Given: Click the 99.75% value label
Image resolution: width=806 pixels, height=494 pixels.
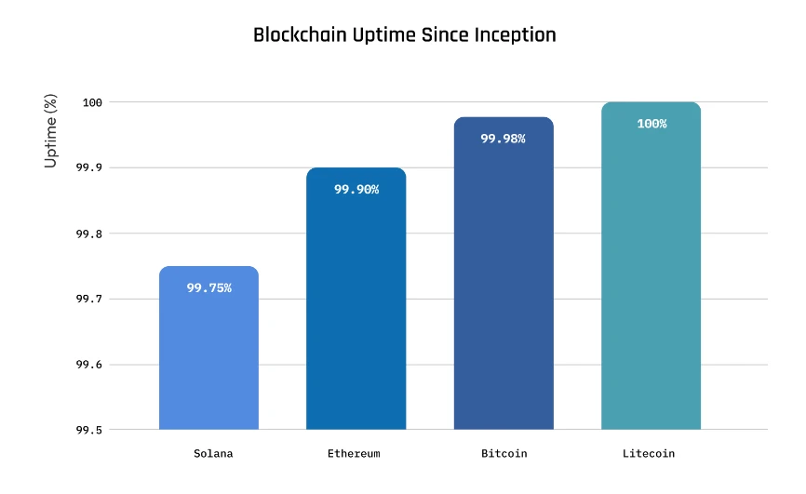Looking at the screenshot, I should click(x=208, y=288).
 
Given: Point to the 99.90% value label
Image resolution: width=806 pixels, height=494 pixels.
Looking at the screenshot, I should click(x=356, y=190).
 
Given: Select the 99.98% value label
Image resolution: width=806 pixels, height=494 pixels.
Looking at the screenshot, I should click(x=504, y=139).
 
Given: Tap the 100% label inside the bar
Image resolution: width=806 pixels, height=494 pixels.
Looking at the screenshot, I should click(x=652, y=124).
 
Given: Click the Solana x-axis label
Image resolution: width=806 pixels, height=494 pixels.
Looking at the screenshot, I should click(x=213, y=454).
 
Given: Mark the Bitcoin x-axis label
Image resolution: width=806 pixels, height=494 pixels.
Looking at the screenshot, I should click(x=504, y=454).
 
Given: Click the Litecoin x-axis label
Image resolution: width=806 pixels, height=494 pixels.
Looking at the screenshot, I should click(x=649, y=454).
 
